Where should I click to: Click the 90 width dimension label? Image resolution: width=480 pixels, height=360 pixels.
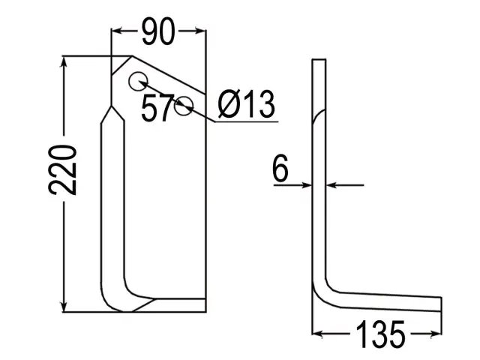(158, 31)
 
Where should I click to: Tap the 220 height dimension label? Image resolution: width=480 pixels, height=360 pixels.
(62, 170)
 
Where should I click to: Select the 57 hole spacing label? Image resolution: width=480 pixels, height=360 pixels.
(157, 108)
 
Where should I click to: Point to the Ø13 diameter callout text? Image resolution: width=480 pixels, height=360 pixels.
(247, 104)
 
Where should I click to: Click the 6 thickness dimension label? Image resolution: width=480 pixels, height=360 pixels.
(280, 168)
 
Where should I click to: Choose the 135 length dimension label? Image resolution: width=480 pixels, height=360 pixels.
(380, 334)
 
